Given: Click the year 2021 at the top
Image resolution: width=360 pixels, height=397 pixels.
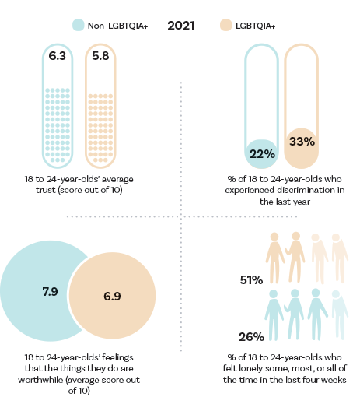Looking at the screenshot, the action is pos(181,26).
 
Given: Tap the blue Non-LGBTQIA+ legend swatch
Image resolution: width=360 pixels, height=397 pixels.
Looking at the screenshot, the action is pos(79,25).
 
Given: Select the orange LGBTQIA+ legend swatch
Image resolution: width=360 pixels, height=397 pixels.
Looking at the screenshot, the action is pos(225,25).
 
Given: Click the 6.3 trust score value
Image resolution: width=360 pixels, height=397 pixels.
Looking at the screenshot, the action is pos(58,56).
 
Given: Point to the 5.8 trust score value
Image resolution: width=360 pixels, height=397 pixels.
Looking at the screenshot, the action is pos(100,56).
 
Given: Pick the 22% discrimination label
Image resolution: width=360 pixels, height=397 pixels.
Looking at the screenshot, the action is pos(262,154).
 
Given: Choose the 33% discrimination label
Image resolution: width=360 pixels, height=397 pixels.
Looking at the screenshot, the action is pos(302,142).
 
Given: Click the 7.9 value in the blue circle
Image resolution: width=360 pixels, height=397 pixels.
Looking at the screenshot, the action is pos(51,292).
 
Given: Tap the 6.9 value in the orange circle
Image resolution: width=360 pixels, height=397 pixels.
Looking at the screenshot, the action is pos(112,297).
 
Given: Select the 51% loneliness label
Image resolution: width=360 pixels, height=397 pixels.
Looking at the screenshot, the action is pos(251,280).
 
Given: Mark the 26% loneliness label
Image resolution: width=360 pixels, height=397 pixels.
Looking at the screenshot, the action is pos(251,337).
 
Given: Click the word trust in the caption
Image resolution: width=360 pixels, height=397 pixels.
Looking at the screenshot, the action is pos(46,190).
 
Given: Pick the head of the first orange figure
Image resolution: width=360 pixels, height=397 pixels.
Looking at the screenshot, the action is pos(274,237).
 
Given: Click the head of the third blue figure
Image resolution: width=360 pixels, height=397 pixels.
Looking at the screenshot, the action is pos(316,293).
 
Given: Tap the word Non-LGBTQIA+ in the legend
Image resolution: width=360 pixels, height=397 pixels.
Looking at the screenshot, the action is pos(117,26).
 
